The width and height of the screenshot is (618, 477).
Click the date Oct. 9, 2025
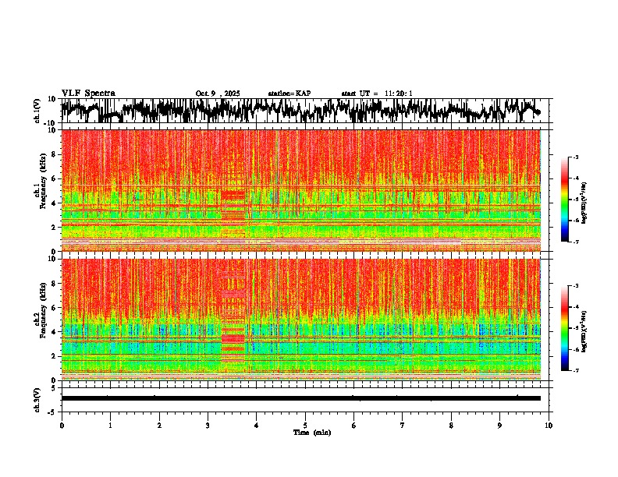click(x=218, y=93)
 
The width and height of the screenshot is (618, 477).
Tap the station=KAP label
click(x=289, y=93)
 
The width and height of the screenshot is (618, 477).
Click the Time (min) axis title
click(x=311, y=432)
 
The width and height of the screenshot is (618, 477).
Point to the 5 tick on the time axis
click(x=305, y=425)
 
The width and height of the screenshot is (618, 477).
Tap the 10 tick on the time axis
click(x=549, y=425)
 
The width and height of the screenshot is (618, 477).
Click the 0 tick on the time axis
click(x=62, y=425)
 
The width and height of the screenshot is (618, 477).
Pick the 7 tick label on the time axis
click(x=403, y=425)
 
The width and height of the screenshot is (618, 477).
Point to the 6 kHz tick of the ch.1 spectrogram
click(x=55, y=178)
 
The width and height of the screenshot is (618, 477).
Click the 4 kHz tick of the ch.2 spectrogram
click(x=55, y=331)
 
